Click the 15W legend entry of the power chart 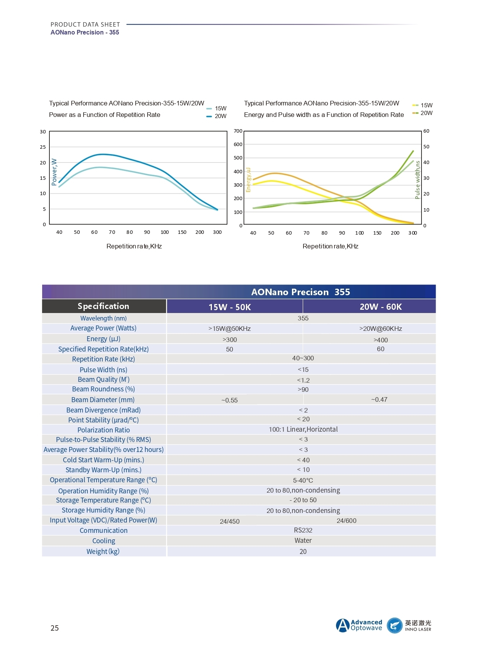click(x=216, y=108)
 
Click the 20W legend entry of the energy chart click(x=422, y=113)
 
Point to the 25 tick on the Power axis click(x=43, y=147)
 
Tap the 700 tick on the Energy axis click(x=238, y=131)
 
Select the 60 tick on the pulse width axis click(x=426, y=131)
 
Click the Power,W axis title click(x=54, y=172)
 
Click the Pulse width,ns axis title click(x=418, y=180)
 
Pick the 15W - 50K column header click(x=230, y=307)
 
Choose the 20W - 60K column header click(x=381, y=307)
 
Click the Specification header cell click(x=103, y=306)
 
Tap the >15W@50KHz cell click(x=230, y=329)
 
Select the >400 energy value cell click(x=381, y=340)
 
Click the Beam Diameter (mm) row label click(x=103, y=400)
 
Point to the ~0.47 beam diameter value click(x=379, y=399)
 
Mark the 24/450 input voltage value click(x=230, y=521)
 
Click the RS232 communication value click(x=303, y=530)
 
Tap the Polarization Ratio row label click(x=103, y=430)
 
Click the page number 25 click(x=55, y=628)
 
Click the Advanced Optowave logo click(x=359, y=625)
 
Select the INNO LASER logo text click(x=418, y=629)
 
